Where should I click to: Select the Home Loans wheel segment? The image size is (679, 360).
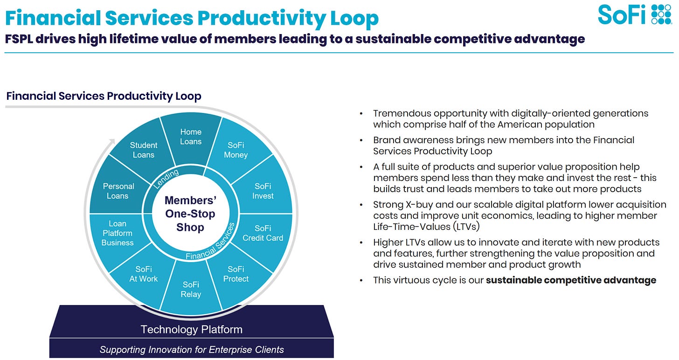click(191, 136)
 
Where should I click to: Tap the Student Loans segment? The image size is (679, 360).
click(143, 150)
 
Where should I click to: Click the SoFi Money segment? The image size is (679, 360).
click(236, 150)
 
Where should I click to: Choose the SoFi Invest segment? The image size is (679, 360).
click(263, 191)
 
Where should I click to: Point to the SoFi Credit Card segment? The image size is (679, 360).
click(263, 233)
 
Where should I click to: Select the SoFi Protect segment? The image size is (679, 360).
click(236, 274)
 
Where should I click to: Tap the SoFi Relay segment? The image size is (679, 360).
click(191, 289)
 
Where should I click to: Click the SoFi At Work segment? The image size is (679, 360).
click(143, 274)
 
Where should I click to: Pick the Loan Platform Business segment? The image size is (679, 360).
click(118, 233)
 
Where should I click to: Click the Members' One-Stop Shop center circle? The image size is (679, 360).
click(190, 214)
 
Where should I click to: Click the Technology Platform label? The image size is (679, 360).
click(191, 330)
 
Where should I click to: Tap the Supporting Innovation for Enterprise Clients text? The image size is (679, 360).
click(192, 350)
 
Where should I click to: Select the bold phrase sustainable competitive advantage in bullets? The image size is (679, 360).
click(571, 280)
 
